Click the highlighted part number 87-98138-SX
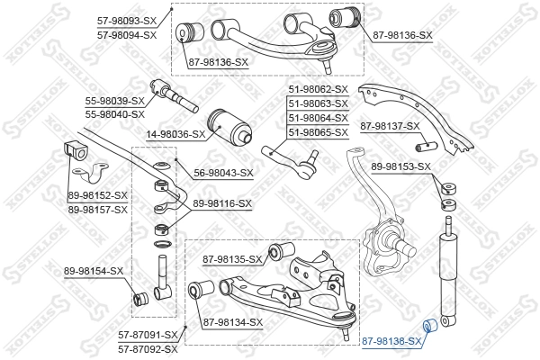(x=391, y=342)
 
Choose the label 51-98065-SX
(x=317, y=132)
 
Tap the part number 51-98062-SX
(x=317, y=89)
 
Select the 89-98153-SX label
(x=401, y=166)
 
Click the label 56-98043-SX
(x=222, y=173)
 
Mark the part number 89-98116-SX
(x=221, y=204)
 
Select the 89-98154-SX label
(x=94, y=271)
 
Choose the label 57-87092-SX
(x=148, y=347)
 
